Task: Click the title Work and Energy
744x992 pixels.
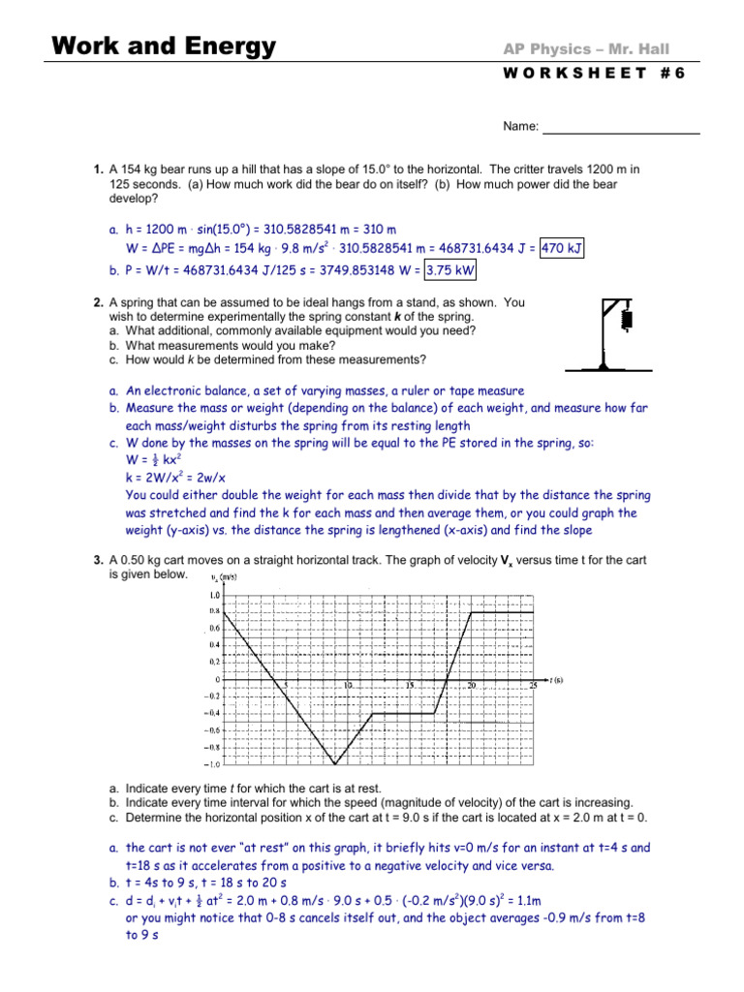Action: coord(163,46)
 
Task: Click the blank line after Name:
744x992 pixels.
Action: coord(620,127)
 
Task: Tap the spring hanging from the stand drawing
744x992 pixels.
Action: coord(626,318)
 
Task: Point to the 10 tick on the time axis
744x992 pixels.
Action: coord(347,686)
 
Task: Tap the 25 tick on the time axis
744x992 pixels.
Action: coord(532,686)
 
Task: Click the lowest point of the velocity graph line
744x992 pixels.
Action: coord(334,763)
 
